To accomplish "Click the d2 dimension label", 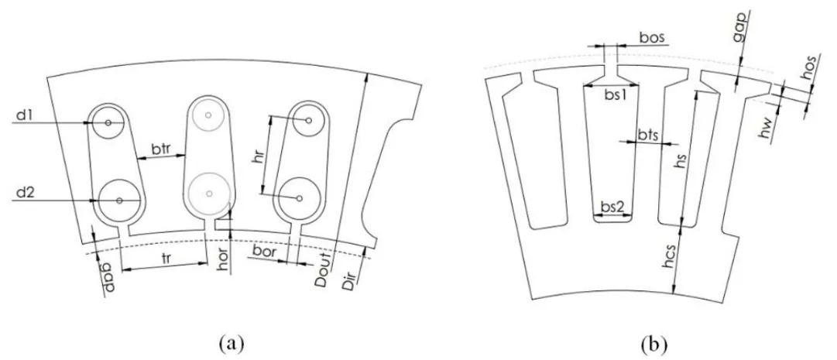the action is [x=22, y=193].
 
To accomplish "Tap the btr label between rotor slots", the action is [x=161, y=149].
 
